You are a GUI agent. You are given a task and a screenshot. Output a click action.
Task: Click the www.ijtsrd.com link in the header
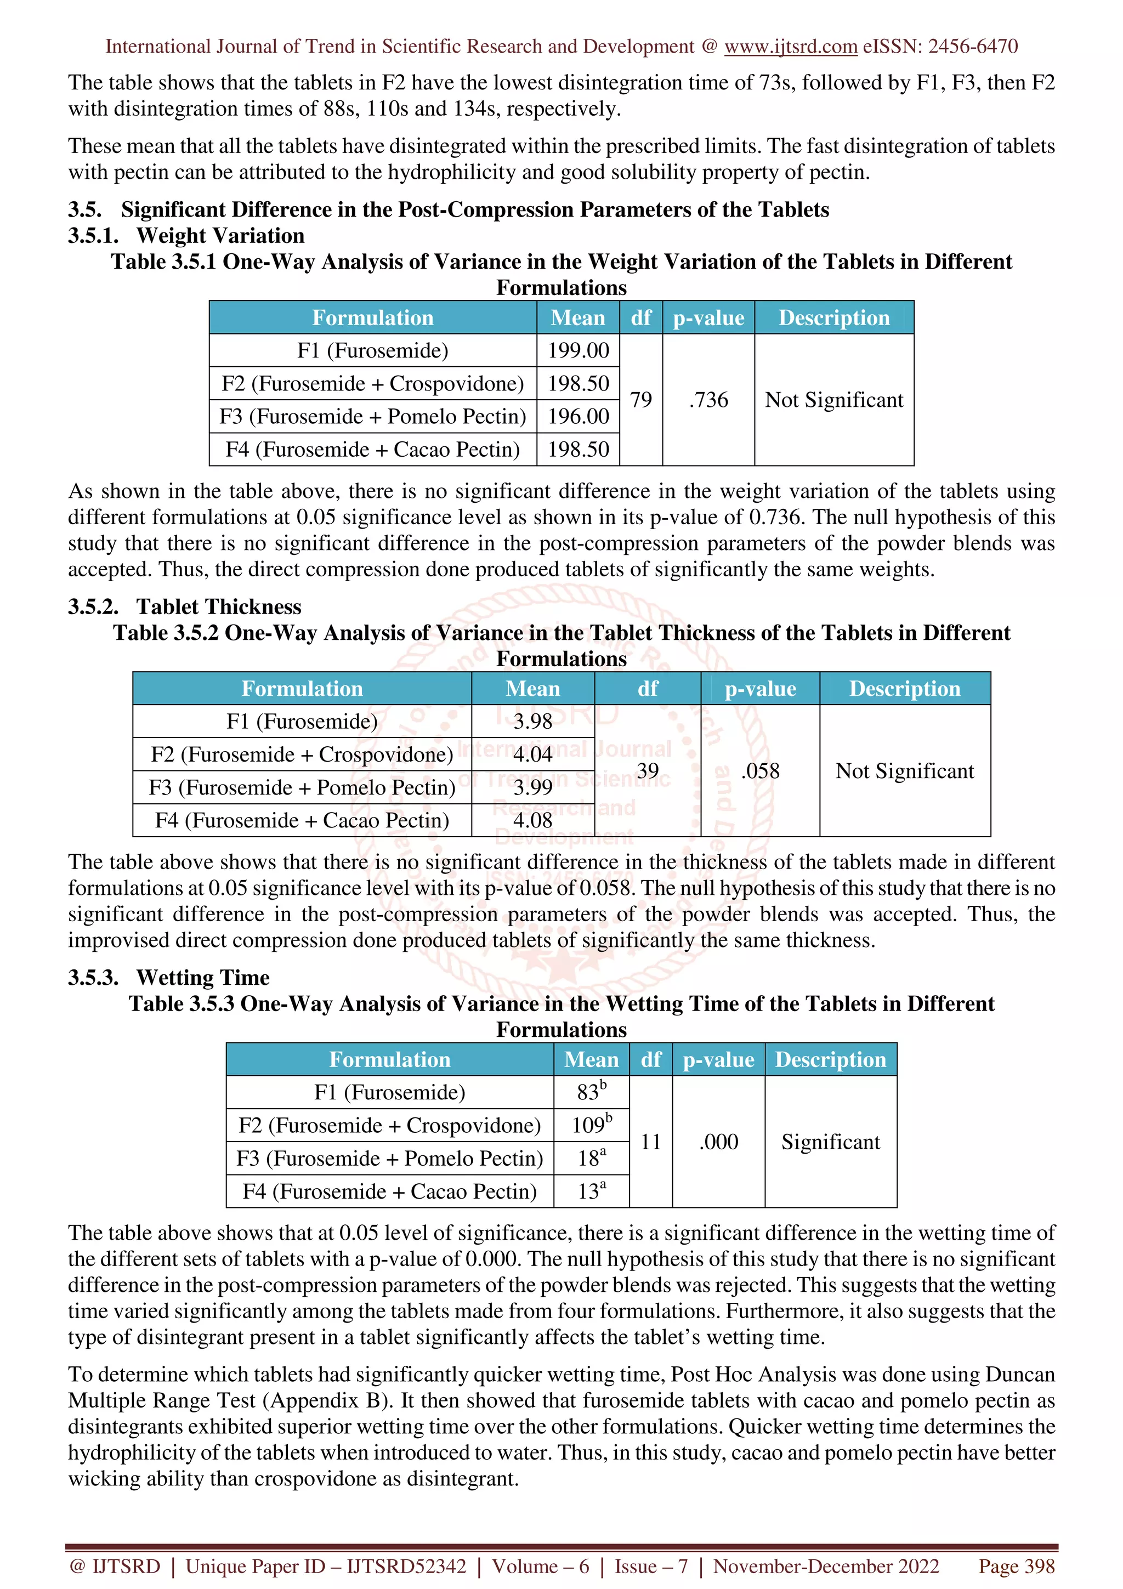pos(790,47)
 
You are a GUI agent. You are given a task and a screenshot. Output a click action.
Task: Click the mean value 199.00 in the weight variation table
pos(578,350)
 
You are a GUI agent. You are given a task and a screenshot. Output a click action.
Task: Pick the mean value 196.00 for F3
pos(578,416)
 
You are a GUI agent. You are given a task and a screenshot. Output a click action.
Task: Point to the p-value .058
pos(760,770)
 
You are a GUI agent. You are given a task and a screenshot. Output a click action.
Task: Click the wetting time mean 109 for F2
pos(590,1125)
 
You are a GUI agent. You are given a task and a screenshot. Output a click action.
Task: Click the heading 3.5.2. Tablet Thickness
pos(184,606)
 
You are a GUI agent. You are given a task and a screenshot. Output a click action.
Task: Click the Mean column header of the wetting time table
pos(591,1059)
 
